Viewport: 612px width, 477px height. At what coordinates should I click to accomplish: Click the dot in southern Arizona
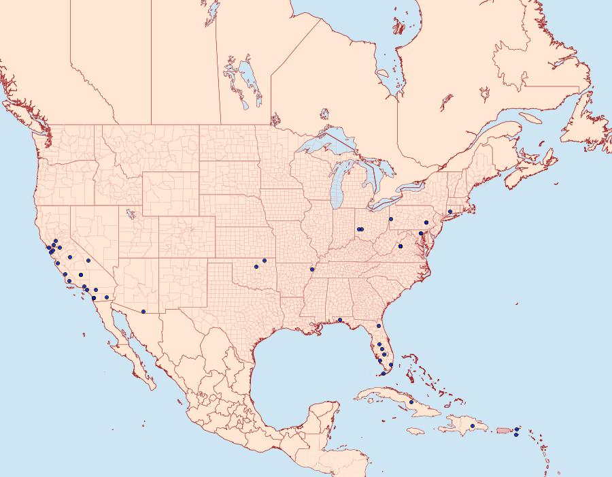(143, 312)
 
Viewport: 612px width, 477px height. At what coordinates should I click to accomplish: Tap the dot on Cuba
(411, 402)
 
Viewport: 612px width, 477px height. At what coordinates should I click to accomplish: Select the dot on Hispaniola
(473, 426)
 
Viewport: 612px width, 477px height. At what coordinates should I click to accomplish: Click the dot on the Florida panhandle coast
(339, 320)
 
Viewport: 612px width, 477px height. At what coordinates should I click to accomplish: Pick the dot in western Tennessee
(312, 269)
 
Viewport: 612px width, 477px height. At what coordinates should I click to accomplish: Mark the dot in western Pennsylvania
(391, 219)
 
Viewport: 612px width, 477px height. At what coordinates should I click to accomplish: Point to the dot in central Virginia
(401, 245)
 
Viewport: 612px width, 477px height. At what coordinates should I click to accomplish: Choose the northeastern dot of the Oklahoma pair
(265, 261)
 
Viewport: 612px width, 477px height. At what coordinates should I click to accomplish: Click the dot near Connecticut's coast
(450, 212)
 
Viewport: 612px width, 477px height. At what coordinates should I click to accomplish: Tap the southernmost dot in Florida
(384, 374)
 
